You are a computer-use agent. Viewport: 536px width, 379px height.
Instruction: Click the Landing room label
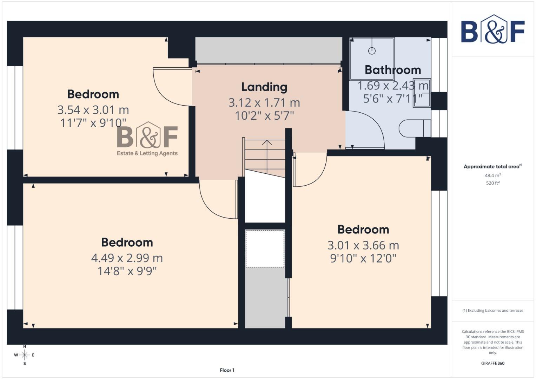point(264,87)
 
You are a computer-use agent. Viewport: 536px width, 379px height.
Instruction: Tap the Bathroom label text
point(392,70)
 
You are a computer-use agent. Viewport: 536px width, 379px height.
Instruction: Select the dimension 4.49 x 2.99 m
point(127,258)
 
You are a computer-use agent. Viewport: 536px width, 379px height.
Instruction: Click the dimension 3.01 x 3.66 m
point(363,245)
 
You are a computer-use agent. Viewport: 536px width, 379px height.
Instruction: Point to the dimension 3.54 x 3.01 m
point(93,110)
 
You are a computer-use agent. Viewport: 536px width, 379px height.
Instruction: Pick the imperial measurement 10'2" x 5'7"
point(264,115)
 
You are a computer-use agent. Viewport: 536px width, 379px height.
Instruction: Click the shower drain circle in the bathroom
point(372,51)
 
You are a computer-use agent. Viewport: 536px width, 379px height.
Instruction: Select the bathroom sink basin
point(422,93)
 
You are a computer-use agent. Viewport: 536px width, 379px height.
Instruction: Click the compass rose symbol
point(24,355)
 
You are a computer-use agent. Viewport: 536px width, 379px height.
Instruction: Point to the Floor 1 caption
point(227,370)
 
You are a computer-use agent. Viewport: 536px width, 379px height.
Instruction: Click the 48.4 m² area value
point(492,175)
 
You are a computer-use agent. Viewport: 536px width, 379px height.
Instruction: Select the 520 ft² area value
point(492,183)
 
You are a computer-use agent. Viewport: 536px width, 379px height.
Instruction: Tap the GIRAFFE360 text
point(492,363)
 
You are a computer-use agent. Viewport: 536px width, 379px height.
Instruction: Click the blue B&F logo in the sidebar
point(492,29)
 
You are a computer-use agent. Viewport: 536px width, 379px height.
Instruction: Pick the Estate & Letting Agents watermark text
point(147,153)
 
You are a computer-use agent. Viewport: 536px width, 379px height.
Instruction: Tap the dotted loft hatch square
point(265,249)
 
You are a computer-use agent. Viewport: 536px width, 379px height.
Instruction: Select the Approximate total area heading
point(492,167)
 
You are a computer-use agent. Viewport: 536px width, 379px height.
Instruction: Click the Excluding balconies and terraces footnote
point(492,311)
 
